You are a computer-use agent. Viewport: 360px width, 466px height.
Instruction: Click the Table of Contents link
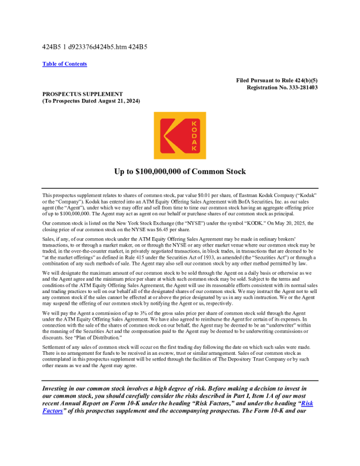65,64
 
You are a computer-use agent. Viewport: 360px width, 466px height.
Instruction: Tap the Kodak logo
180,136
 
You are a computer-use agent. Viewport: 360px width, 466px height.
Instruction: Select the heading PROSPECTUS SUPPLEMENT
82,94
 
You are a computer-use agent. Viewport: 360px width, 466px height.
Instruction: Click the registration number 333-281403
298,87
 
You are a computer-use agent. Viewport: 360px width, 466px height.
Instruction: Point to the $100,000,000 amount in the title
166,172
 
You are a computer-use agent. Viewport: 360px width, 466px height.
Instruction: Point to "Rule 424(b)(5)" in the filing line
298,81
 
